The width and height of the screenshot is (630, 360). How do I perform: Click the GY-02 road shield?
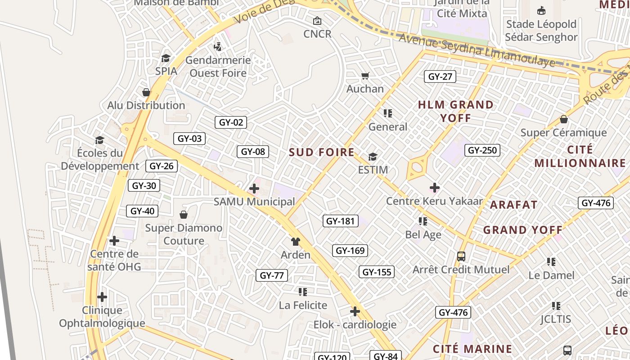231,122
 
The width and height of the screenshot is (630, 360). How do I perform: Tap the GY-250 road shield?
482,150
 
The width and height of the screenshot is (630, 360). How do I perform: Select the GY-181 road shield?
341,221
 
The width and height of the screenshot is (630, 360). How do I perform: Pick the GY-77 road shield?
272,275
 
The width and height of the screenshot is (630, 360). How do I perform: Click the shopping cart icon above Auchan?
365,76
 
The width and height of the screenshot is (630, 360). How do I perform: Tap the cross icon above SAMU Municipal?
254,189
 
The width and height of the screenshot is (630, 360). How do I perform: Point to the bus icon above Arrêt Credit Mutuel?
461,256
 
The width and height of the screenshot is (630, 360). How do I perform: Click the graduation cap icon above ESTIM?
373,157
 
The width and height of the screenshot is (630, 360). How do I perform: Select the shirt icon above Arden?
295,242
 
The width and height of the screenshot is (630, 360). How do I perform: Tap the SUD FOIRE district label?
322,152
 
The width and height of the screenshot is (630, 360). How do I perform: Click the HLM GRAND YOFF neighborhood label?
456,111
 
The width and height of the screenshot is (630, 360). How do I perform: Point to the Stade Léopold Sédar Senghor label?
541,31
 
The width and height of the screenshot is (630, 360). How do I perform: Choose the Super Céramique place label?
563,133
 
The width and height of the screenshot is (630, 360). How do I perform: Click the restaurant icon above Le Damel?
551,262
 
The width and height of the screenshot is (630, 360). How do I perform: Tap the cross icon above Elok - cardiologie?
355,311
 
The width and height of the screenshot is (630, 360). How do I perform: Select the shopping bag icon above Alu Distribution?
146,92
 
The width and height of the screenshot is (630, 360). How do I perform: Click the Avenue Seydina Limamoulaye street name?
477,50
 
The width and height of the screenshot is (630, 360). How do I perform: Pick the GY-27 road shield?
440,76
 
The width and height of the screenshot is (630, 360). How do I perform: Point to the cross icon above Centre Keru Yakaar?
435,187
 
